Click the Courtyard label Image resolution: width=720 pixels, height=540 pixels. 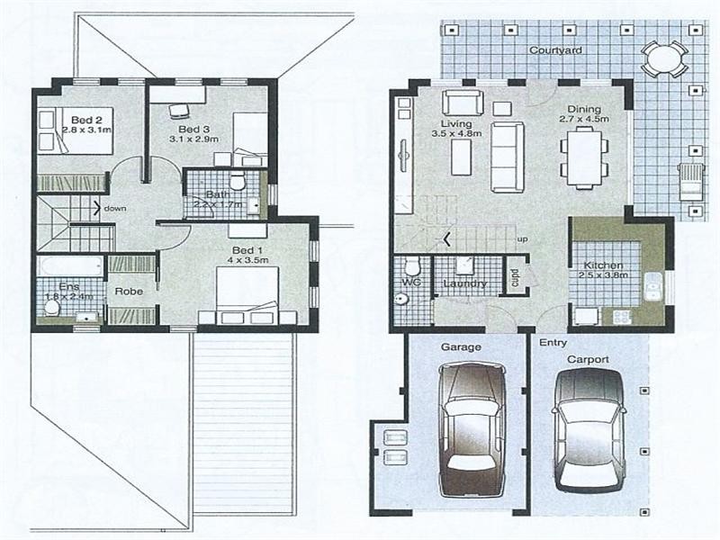click(x=555, y=51)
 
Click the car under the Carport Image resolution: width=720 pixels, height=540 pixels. click(x=588, y=430)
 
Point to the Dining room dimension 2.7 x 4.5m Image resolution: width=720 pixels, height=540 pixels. click(x=584, y=118)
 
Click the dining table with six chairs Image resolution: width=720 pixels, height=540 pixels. click(x=581, y=157)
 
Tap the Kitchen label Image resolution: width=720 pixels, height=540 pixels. click(x=600, y=265)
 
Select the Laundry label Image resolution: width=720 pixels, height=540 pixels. click(x=465, y=284)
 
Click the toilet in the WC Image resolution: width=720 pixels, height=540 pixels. click(x=411, y=267)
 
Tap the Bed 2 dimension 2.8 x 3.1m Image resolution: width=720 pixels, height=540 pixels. click(x=86, y=130)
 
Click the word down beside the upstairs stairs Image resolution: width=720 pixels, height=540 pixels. click(x=114, y=208)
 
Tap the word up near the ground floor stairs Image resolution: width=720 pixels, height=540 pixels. click(x=522, y=238)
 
